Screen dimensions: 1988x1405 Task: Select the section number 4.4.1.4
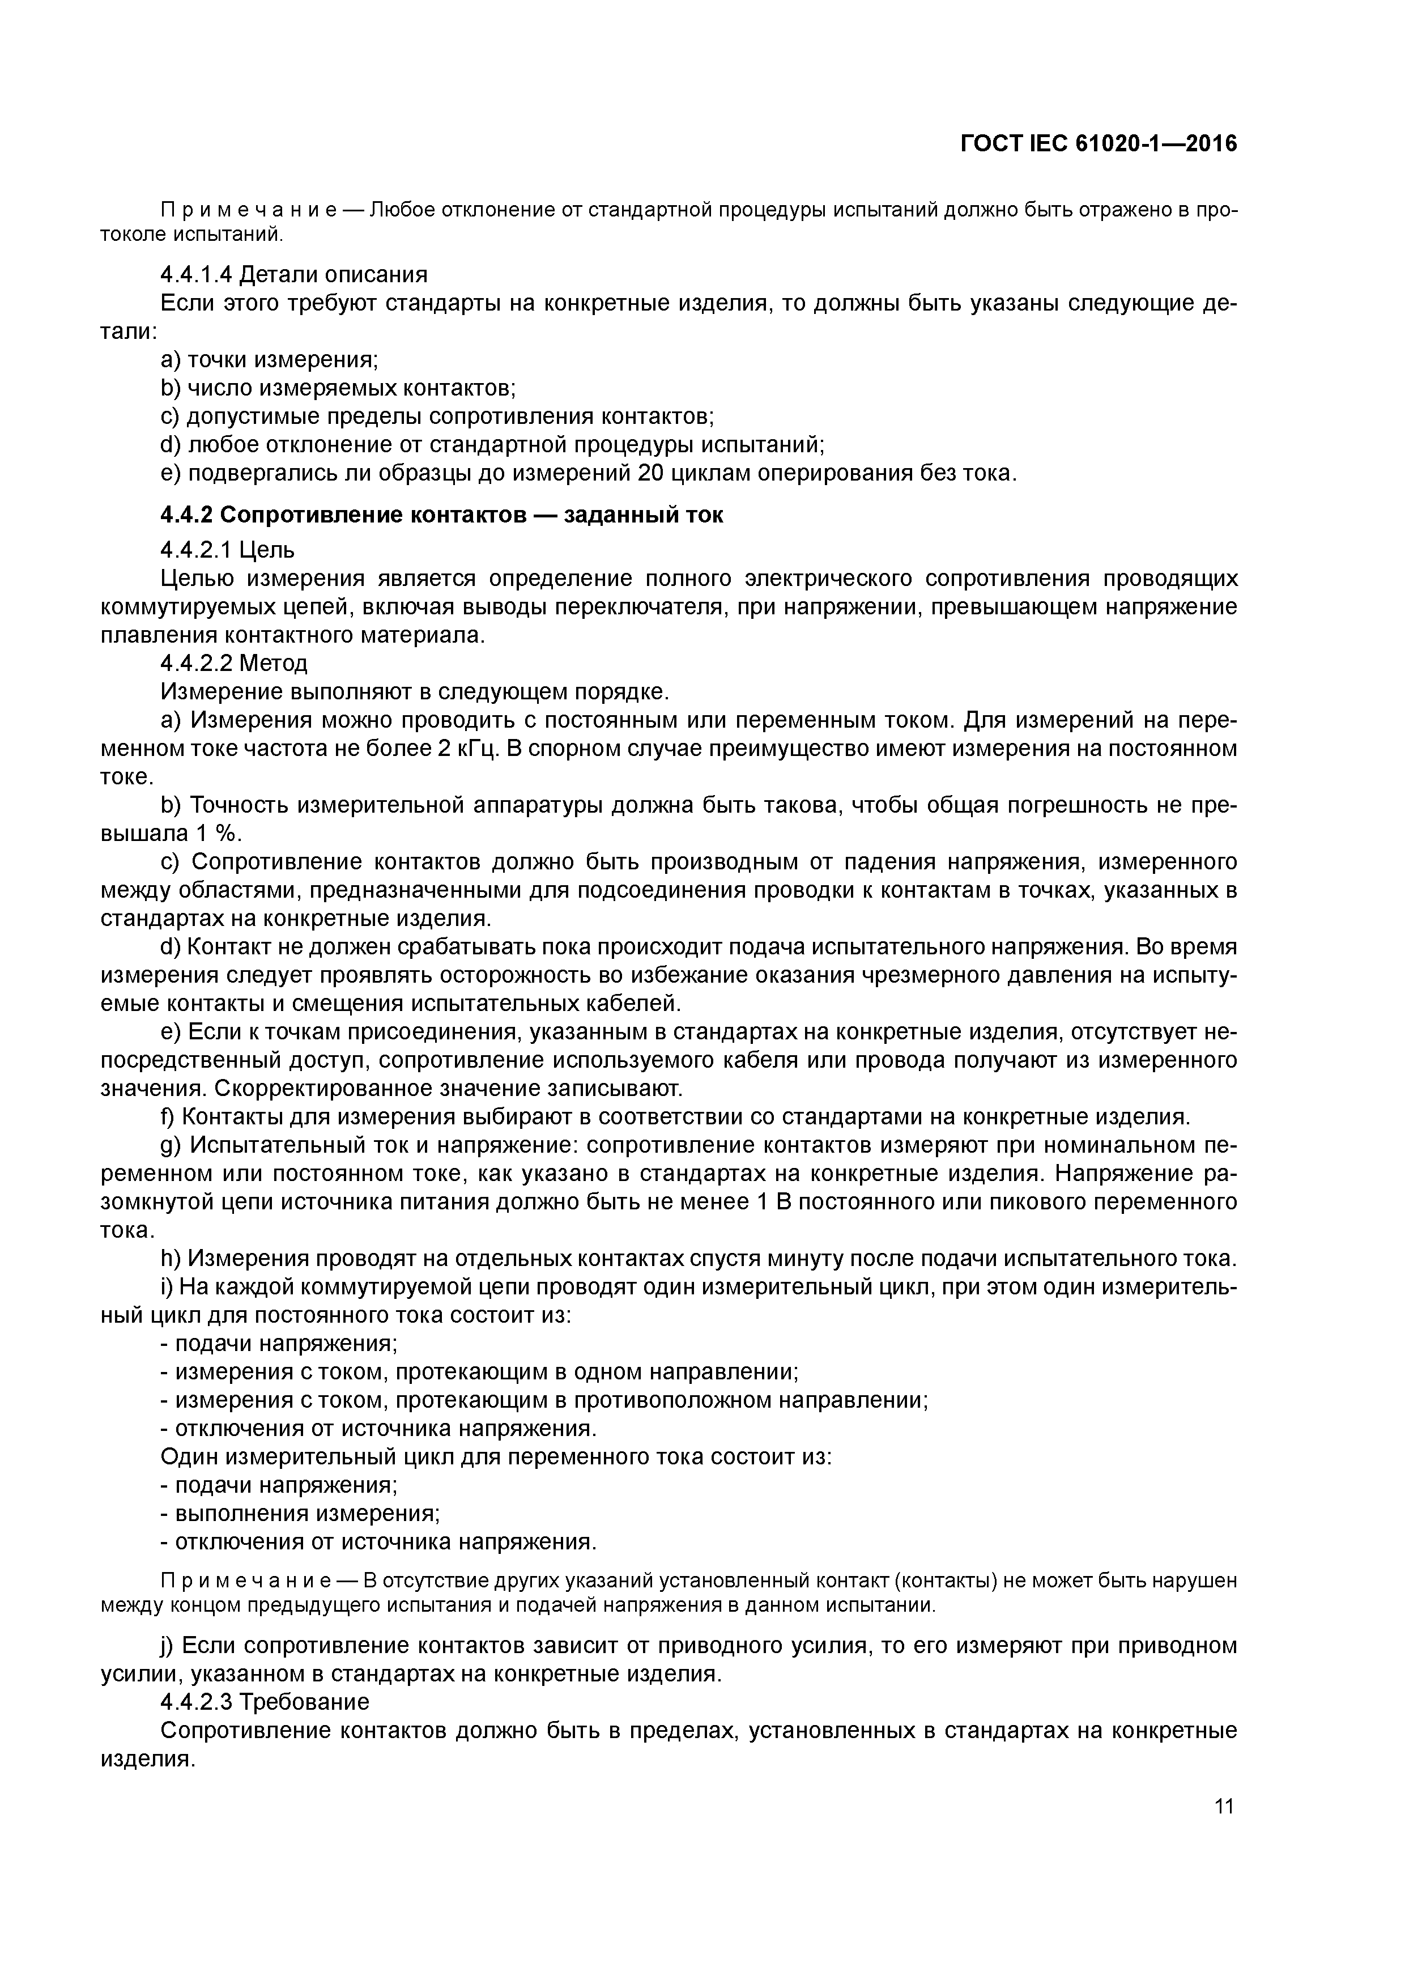pos(197,275)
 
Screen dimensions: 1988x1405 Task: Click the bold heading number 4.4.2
pos(187,515)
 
